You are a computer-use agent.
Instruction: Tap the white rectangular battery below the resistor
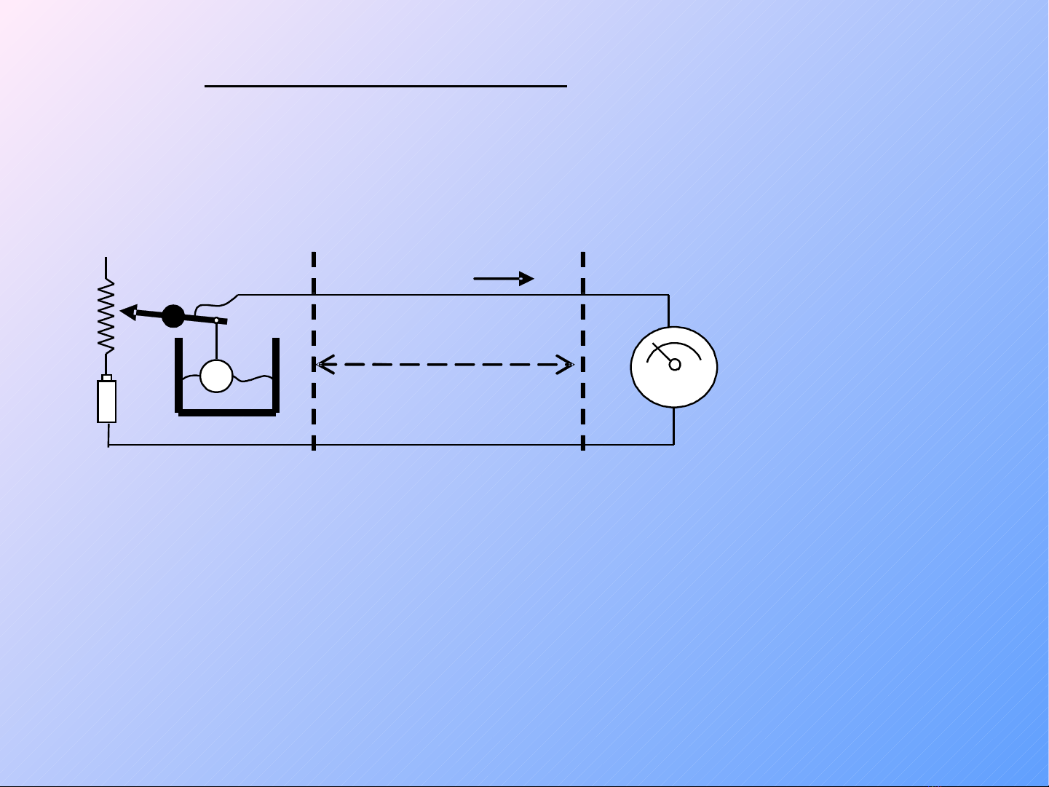pos(107,400)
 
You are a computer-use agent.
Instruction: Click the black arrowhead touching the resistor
pos(129,312)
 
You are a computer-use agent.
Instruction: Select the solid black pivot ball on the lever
pos(173,316)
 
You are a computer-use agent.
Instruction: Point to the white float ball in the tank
pos(216,376)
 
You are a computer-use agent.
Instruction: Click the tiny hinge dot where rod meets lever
pos(216,320)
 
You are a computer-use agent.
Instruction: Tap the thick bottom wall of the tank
pos(227,413)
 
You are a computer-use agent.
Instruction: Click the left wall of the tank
pos(178,374)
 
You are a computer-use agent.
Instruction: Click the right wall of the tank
pos(276,374)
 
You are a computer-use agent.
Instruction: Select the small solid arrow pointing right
pos(504,278)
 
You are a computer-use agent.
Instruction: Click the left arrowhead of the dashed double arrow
pos(325,364)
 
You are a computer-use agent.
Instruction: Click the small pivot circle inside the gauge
pos(675,363)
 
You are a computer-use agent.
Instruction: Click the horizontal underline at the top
pos(386,86)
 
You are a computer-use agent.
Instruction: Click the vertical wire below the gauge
pos(674,426)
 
